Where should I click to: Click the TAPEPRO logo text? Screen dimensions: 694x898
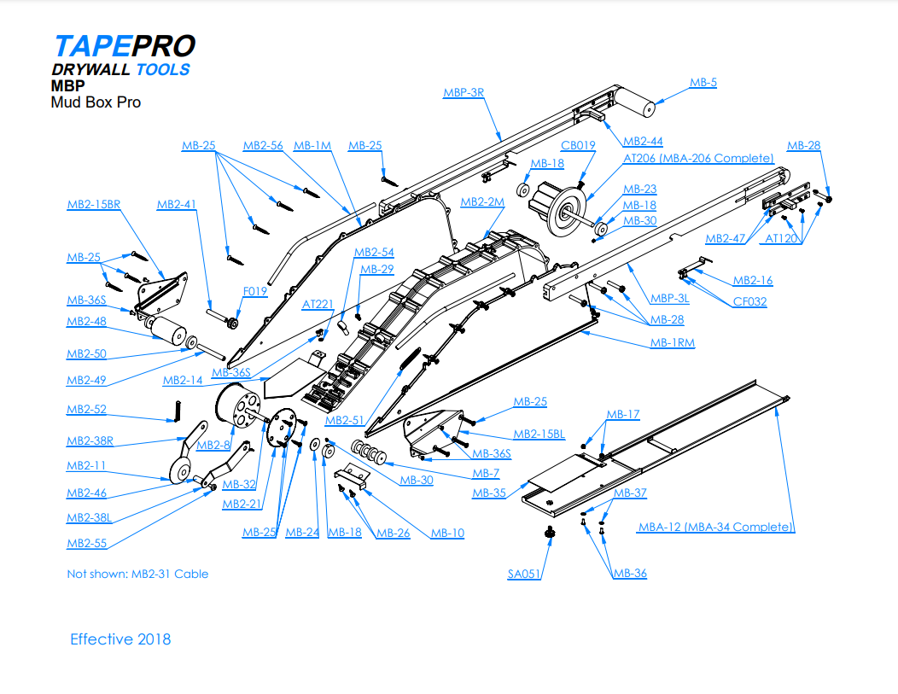point(124,46)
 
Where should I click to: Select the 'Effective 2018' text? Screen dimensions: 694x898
point(120,639)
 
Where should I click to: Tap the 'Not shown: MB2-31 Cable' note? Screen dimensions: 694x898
point(137,574)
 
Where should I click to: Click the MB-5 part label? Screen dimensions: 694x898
point(703,83)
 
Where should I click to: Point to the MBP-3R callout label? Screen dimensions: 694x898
point(464,92)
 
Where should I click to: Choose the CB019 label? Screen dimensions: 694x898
point(578,145)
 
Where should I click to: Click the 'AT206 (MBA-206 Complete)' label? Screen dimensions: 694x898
point(698,158)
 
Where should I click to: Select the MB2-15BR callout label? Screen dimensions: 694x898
point(93,204)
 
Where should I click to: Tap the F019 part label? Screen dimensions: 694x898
point(254,291)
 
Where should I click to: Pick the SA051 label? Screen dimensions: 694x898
point(524,574)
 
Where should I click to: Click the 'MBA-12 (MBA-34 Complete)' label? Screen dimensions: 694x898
point(716,527)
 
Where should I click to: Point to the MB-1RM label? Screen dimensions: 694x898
point(672,343)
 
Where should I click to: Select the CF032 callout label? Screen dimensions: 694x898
point(749,301)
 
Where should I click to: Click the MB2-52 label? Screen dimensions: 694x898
point(86,410)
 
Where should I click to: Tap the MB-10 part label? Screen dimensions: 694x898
point(447,534)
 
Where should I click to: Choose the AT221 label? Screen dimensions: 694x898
point(318,305)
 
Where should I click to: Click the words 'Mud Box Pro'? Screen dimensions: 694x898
point(96,102)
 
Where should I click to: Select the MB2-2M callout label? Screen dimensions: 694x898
point(482,202)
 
